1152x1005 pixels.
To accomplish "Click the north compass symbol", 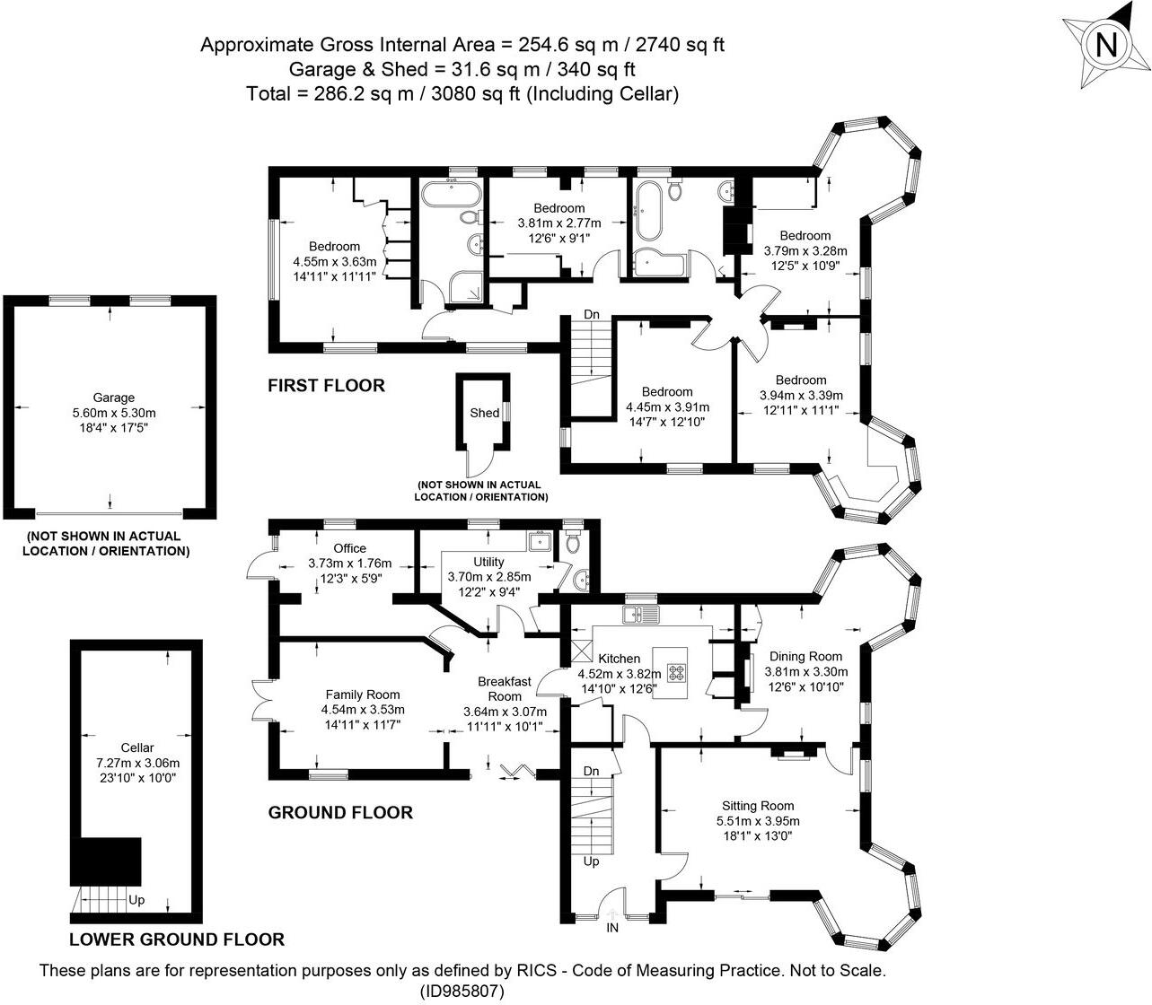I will pyautogui.click(x=1106, y=44).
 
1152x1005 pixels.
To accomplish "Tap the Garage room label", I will pyautogui.click(x=114, y=398).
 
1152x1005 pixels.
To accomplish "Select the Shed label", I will pyautogui.click(x=484, y=413).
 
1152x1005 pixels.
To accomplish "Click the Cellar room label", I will pyautogui.click(x=137, y=747).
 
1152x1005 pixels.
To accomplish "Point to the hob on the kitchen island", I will pyautogui.click(x=676, y=669).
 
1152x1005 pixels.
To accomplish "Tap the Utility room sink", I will pyautogui.click(x=541, y=541).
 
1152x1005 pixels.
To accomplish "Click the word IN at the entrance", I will pyautogui.click(x=613, y=928).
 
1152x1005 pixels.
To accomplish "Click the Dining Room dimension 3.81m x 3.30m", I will pyautogui.click(x=805, y=671).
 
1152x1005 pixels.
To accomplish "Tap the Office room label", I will pyautogui.click(x=349, y=548).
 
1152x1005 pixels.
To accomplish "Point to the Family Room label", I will pyautogui.click(x=363, y=695).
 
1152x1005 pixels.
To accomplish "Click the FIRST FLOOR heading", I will pyautogui.click(x=327, y=386).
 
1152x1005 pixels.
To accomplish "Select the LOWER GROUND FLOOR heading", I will pyautogui.click(x=177, y=939).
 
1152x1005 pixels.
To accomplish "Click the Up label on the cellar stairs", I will pyautogui.click(x=137, y=900).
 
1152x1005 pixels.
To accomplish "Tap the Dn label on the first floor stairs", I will pyautogui.click(x=591, y=315).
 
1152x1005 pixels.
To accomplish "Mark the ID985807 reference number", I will pyautogui.click(x=462, y=991).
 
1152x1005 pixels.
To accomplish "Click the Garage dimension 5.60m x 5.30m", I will pyautogui.click(x=114, y=413).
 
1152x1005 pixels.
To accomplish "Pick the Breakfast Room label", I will pyautogui.click(x=504, y=688).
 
